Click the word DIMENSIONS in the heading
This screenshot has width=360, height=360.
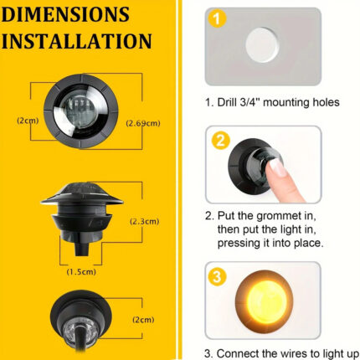[x=65, y=14]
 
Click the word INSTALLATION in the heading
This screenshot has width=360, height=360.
[x=76, y=41]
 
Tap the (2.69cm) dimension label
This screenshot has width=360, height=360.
[x=143, y=123]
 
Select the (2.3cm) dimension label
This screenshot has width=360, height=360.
[x=145, y=222]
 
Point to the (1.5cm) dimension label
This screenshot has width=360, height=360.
[x=81, y=271]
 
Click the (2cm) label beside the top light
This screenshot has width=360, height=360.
[x=28, y=121]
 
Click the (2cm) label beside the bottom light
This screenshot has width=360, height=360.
[x=143, y=320]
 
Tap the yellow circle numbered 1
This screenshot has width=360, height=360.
[x=217, y=18]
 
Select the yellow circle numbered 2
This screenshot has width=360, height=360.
[x=220, y=141]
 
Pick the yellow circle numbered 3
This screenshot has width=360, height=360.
[x=217, y=276]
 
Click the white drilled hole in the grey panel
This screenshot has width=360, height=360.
[x=262, y=44]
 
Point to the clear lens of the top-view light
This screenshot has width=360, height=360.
[x=80, y=111]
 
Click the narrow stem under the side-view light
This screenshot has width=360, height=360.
[x=82, y=248]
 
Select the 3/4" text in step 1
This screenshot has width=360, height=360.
[x=249, y=102]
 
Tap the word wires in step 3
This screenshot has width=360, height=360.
[x=296, y=354]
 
